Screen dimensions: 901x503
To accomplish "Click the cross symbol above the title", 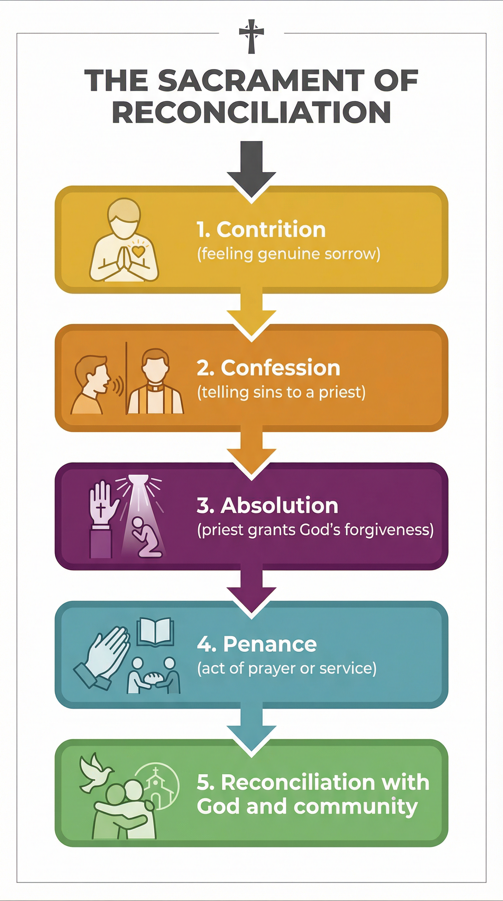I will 251,36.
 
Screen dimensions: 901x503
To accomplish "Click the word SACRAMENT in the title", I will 261,81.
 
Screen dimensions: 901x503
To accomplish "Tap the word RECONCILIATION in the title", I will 251,112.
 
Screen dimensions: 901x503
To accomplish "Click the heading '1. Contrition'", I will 261,230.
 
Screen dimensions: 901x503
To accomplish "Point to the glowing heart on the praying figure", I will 139,251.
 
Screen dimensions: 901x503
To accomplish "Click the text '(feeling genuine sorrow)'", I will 289,254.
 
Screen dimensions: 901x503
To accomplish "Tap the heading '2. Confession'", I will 268,368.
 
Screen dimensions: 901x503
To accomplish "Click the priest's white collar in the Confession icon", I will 155,387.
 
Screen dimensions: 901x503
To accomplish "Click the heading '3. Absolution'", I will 268,506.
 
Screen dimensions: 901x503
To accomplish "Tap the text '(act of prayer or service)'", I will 287,669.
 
